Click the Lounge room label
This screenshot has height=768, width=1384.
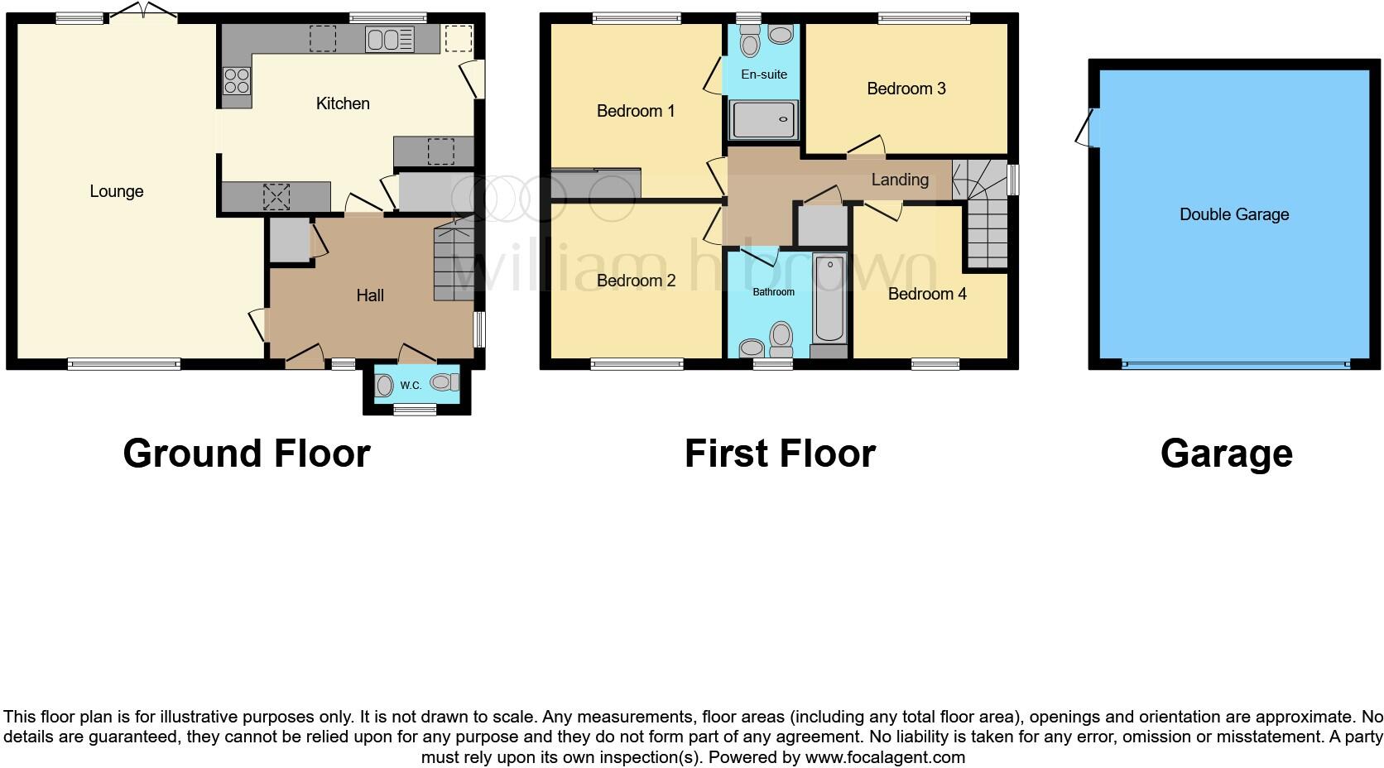[x=117, y=191]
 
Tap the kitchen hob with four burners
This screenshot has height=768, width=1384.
[x=237, y=81]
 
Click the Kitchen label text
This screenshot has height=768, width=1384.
[x=343, y=103]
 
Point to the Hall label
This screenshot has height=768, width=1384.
[x=370, y=295]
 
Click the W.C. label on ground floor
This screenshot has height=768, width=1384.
[x=411, y=386]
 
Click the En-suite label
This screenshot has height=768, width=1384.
[x=763, y=74]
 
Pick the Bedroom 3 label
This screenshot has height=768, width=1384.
[x=906, y=89]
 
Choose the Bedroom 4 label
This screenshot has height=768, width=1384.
[x=926, y=294]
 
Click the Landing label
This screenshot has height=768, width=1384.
[x=899, y=180]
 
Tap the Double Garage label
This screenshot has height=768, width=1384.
[x=1233, y=214]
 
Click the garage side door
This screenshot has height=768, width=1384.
[x=1085, y=129]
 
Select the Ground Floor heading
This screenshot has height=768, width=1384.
[x=246, y=454]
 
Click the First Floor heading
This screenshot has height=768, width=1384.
[x=779, y=454]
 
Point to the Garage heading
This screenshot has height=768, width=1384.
[x=1226, y=454]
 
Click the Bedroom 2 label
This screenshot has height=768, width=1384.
[x=636, y=281]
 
